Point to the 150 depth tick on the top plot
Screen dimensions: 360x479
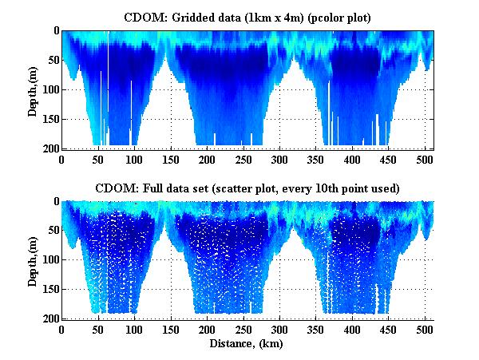[x=47, y=119]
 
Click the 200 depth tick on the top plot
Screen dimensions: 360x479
[x=47, y=148]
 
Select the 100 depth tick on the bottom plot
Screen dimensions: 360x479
[x=47, y=259]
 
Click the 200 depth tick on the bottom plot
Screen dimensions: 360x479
[x=47, y=318]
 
